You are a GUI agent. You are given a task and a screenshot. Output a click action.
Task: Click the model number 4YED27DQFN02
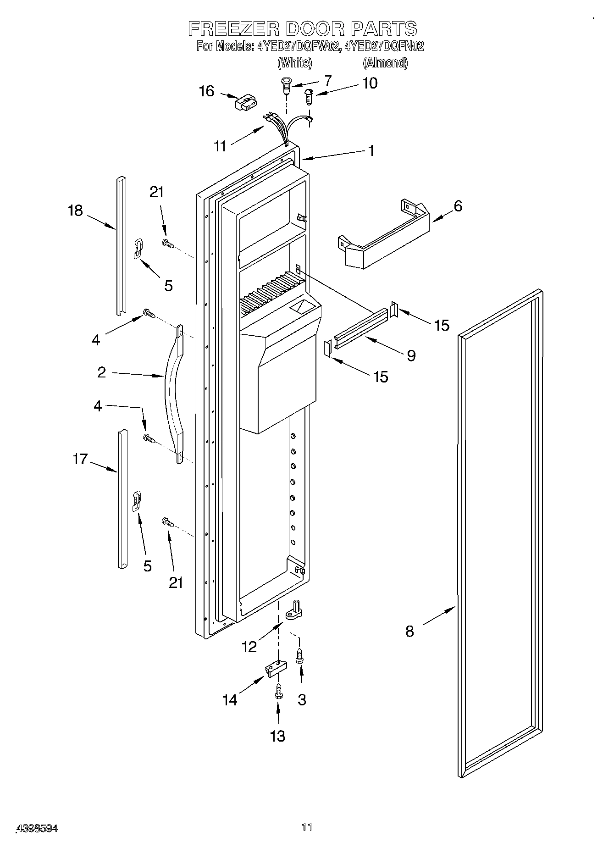pyautogui.click(x=384, y=46)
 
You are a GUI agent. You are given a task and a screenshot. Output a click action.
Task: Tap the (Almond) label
pyautogui.click(x=385, y=63)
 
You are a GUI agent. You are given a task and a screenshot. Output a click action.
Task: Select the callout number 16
pyautogui.click(x=206, y=91)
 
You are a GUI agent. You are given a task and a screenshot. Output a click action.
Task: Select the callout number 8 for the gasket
pyautogui.click(x=409, y=632)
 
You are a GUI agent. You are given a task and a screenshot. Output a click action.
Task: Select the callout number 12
pyautogui.click(x=249, y=646)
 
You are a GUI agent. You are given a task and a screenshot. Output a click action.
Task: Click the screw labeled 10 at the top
pyautogui.click(x=309, y=97)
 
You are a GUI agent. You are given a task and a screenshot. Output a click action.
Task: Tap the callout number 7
pyautogui.click(x=327, y=81)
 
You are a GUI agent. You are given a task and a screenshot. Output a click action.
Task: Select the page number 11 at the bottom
pyautogui.click(x=307, y=827)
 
